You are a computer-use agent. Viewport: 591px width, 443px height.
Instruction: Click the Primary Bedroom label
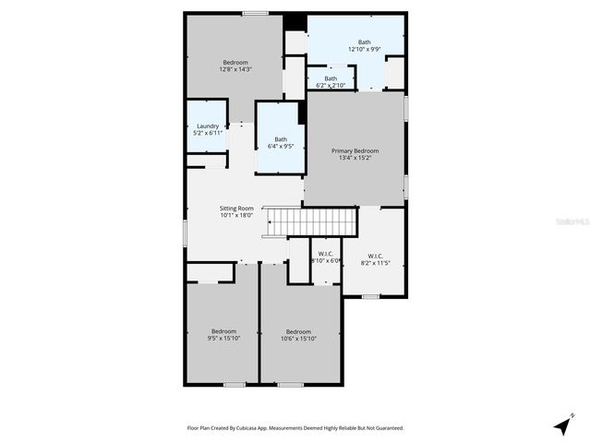[x=356, y=150]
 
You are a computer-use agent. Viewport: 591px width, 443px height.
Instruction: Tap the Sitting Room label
[x=236, y=209]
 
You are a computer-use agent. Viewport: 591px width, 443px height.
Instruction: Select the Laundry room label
[x=207, y=126]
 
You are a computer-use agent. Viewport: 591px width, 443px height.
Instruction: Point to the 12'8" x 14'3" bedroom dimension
[x=235, y=69]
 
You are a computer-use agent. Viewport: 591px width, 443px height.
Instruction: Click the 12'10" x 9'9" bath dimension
[x=364, y=48]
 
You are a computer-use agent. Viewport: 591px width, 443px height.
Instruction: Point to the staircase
[x=311, y=221]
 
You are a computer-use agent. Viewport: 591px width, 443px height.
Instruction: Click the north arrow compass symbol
[x=562, y=425]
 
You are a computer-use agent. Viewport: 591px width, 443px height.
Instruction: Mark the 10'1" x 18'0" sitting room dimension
[x=236, y=216]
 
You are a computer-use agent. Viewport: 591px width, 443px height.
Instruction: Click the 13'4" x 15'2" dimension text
[x=356, y=158]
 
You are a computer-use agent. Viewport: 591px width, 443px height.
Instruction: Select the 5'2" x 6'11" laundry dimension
[x=207, y=134]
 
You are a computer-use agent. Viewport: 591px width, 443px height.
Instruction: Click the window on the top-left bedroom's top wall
[x=256, y=13]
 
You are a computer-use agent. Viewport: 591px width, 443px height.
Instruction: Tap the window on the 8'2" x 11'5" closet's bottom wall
[x=370, y=296]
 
